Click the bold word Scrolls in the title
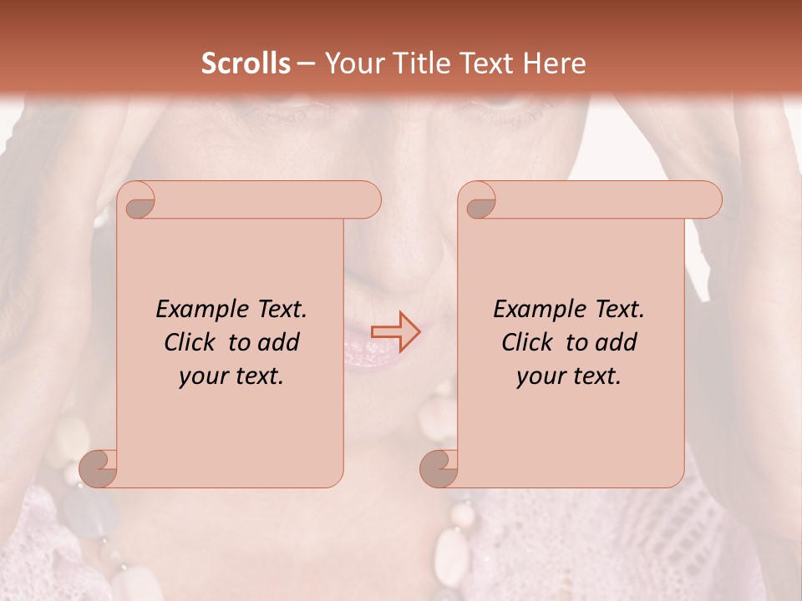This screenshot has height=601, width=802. [x=246, y=63]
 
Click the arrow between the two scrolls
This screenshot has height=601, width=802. [x=395, y=331]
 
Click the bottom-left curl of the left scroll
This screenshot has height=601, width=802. [x=99, y=468]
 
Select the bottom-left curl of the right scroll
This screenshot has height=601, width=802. [x=439, y=468]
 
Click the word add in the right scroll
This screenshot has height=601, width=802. [x=617, y=343]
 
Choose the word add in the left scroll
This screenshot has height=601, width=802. [x=279, y=343]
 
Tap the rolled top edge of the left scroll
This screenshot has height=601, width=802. [x=259, y=200]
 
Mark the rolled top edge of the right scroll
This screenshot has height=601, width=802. [x=601, y=200]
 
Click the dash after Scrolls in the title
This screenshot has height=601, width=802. [x=306, y=64]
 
